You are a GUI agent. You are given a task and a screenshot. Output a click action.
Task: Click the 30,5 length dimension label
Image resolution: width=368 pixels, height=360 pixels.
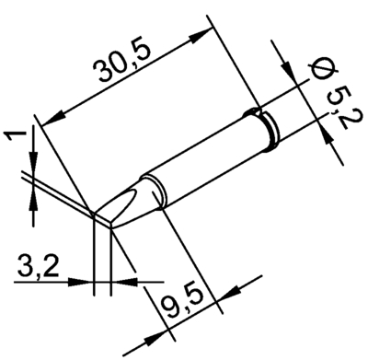(x=122, y=63)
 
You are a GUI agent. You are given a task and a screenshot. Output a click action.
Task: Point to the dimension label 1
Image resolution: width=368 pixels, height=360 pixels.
(x=16, y=135)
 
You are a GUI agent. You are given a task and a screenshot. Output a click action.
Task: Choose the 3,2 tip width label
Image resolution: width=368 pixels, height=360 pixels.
(x=38, y=266)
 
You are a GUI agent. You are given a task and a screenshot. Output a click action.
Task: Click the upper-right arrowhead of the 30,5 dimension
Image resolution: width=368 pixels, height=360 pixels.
(x=201, y=35)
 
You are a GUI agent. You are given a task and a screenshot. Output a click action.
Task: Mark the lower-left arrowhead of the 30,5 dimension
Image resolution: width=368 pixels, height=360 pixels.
(x=53, y=119)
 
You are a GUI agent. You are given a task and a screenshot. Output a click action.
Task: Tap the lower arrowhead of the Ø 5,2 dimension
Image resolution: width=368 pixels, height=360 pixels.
(x=327, y=135)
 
